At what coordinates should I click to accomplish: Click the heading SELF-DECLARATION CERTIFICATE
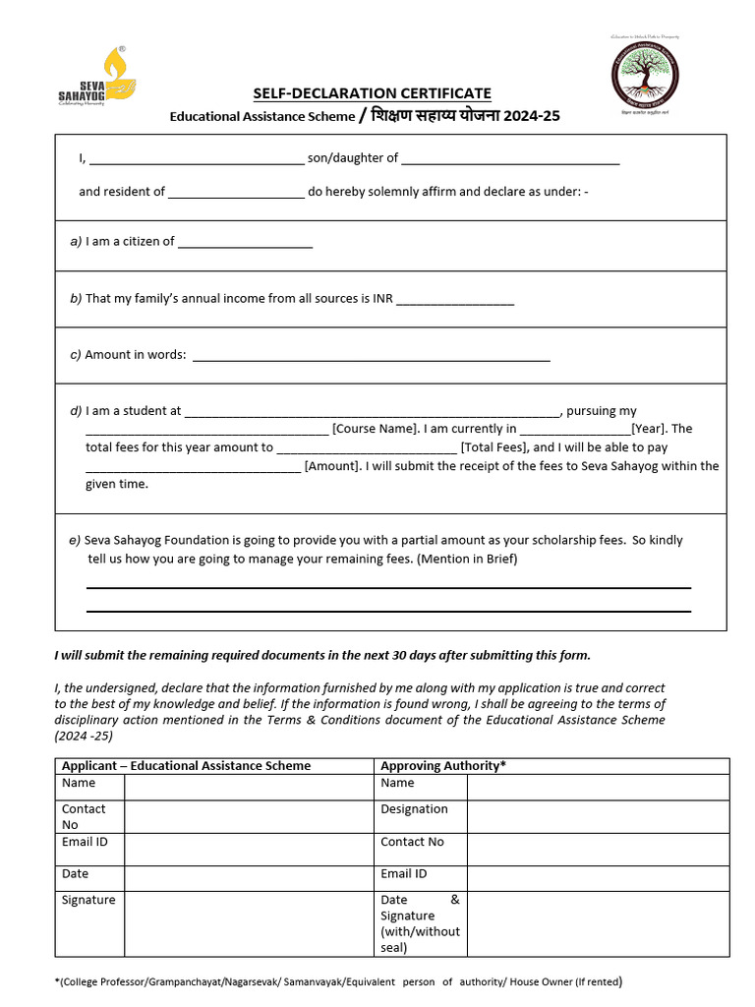[373, 93]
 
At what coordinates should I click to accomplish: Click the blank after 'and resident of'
[236, 193]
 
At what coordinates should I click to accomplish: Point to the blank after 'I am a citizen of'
[245, 242]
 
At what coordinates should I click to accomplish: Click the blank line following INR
[455, 299]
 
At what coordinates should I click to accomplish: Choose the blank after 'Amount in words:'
[371, 356]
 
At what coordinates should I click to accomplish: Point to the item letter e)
[75, 540]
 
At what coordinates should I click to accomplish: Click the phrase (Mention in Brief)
[467, 560]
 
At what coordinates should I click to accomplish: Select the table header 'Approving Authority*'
[443, 765]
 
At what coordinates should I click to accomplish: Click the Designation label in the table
[414, 809]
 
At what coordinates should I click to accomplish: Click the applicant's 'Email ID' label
[85, 842]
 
